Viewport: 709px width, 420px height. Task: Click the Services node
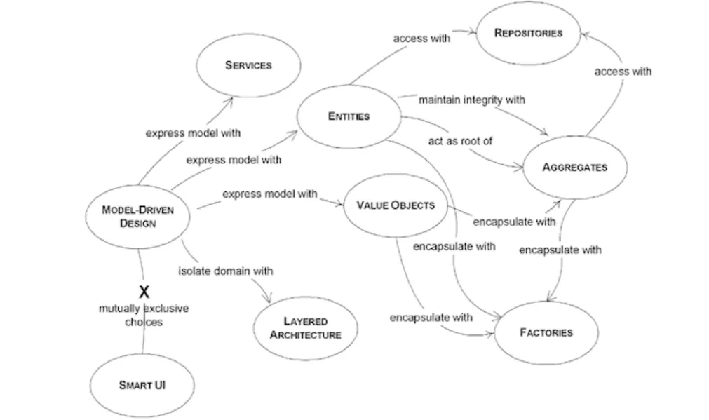click(x=248, y=65)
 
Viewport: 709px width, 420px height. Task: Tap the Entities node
click(x=349, y=116)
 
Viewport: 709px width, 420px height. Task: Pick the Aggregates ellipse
click(x=574, y=167)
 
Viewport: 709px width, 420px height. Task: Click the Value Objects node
click(x=396, y=205)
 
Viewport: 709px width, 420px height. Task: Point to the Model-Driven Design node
click(x=137, y=217)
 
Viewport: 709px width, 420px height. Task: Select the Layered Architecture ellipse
click(x=306, y=328)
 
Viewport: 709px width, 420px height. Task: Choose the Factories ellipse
click(x=546, y=332)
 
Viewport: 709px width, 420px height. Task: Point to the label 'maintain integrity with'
click(x=471, y=100)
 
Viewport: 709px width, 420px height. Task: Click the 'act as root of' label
click(x=460, y=141)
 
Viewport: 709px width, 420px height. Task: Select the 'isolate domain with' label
click(x=225, y=270)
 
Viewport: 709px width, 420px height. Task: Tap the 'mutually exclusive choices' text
click(x=144, y=315)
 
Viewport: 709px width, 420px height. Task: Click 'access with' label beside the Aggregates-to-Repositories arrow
click(x=623, y=71)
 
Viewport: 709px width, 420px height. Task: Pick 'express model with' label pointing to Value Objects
click(x=269, y=194)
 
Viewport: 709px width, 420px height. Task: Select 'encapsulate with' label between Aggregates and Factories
click(x=560, y=250)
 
